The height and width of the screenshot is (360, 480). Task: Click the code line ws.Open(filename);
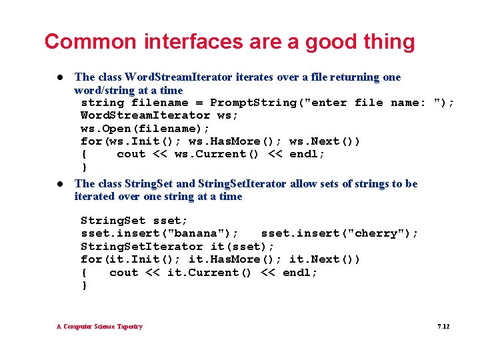[x=145, y=129]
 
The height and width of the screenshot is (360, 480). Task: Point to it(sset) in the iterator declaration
[x=235, y=246]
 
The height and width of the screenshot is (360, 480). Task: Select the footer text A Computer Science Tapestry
[x=99, y=327]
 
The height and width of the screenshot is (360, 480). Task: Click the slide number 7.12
[x=443, y=327]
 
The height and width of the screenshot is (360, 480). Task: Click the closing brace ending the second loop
[x=84, y=285]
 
